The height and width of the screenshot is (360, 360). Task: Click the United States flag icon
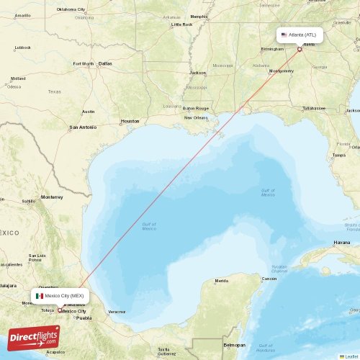(284, 35)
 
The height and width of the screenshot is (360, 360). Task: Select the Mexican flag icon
(39, 295)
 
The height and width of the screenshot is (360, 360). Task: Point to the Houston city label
(130, 121)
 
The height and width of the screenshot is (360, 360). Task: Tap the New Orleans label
(195, 117)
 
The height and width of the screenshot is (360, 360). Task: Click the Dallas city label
(106, 63)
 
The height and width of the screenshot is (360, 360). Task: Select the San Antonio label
(82, 127)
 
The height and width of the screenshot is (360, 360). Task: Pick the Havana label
(342, 243)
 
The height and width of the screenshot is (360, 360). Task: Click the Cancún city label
(269, 278)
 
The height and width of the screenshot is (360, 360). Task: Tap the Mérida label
(222, 280)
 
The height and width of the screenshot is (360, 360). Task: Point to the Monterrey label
(51, 197)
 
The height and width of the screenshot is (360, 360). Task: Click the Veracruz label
(117, 312)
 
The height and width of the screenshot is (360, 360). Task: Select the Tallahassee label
(313, 108)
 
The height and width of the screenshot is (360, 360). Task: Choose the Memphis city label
(199, 16)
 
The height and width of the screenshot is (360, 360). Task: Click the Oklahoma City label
(71, 9)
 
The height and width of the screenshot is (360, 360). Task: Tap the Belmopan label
(235, 345)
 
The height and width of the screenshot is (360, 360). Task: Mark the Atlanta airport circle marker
(300, 49)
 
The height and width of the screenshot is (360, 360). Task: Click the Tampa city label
(339, 155)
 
